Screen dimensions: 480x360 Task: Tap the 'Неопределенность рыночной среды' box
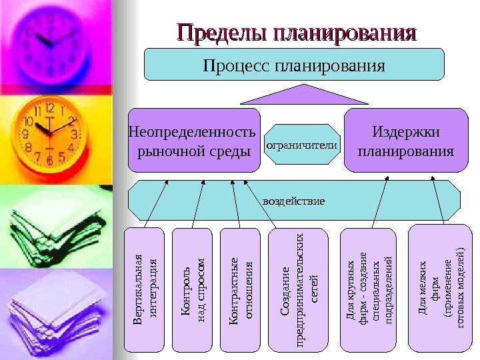tap(193, 141)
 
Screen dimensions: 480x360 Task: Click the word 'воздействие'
tap(294, 199)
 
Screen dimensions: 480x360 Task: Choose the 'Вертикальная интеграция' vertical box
tap(144, 289)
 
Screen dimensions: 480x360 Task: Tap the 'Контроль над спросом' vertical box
tap(191, 289)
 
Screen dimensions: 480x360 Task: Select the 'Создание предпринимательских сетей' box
tap(297, 289)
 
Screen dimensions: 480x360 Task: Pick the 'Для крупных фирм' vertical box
tap(370, 289)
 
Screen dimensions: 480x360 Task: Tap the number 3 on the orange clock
tap(75, 134)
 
